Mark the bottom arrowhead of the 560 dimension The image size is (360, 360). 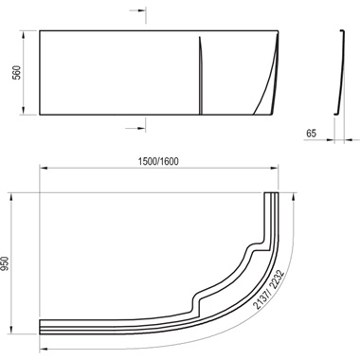pyautogui.click(x=25, y=116)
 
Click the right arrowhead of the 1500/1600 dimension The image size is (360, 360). pyautogui.click(x=280, y=169)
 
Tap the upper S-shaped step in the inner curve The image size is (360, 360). pyautogui.click(x=249, y=250)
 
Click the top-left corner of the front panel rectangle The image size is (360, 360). pyautogui.click(x=38, y=36)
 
